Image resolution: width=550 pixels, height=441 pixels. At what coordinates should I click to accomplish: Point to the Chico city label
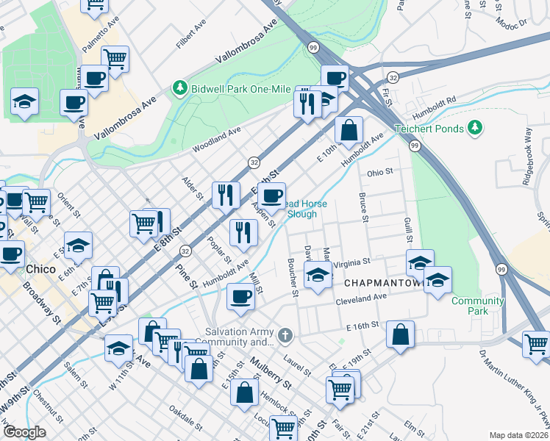tap(40, 269)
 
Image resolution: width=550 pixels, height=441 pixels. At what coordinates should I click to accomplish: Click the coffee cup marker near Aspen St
tap(271, 196)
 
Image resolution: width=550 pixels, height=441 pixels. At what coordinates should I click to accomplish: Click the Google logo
tap(24, 432)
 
